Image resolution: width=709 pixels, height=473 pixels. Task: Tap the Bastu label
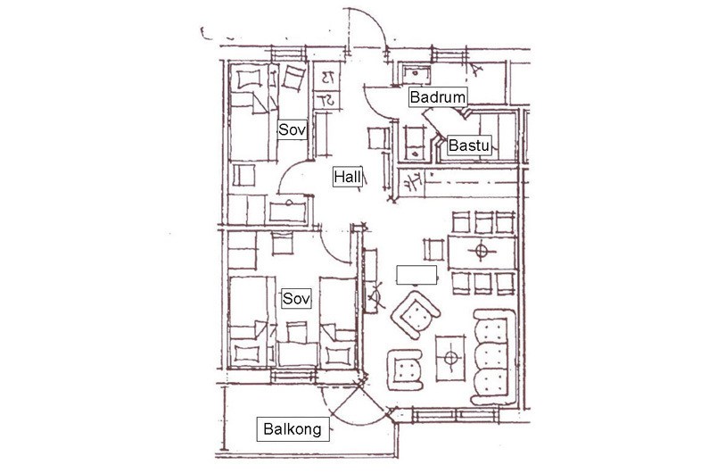coord(469,144)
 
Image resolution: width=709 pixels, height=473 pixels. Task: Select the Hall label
coord(348,177)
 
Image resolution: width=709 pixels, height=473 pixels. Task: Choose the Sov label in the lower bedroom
coord(296,299)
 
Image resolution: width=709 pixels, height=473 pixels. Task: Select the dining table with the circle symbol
coord(482,250)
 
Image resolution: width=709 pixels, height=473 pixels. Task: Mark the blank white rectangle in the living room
coord(416,273)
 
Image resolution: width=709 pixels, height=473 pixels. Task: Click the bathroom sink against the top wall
coord(414,71)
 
